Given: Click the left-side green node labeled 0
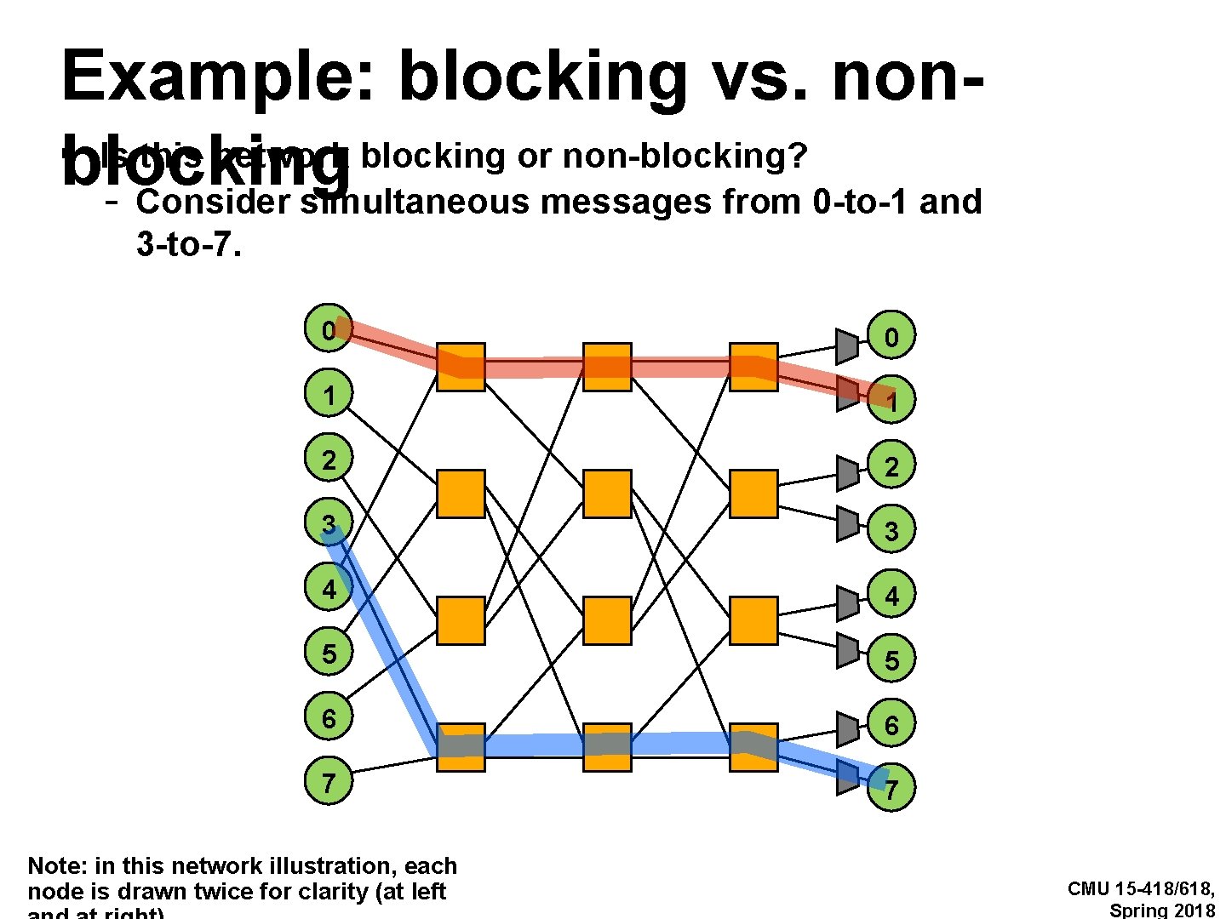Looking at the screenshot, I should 329,328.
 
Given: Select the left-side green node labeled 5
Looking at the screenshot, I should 329,653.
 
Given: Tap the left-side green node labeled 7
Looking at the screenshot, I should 329,780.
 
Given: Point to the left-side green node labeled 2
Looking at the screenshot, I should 329,459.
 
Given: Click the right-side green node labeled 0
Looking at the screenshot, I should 891,337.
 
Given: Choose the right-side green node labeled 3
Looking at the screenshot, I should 891,531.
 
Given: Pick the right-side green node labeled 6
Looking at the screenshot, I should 891,725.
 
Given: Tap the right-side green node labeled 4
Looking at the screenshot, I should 891,595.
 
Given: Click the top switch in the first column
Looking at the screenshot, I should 461,367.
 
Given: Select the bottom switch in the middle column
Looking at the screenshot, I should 607,747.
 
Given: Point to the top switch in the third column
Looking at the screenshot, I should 753,367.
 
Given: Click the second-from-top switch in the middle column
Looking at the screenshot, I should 607,494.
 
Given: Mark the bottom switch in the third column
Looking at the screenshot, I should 753,747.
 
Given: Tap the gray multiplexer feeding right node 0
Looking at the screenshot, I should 846,345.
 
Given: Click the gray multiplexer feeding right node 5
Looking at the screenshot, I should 846,651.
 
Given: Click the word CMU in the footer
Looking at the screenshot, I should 1088,889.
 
